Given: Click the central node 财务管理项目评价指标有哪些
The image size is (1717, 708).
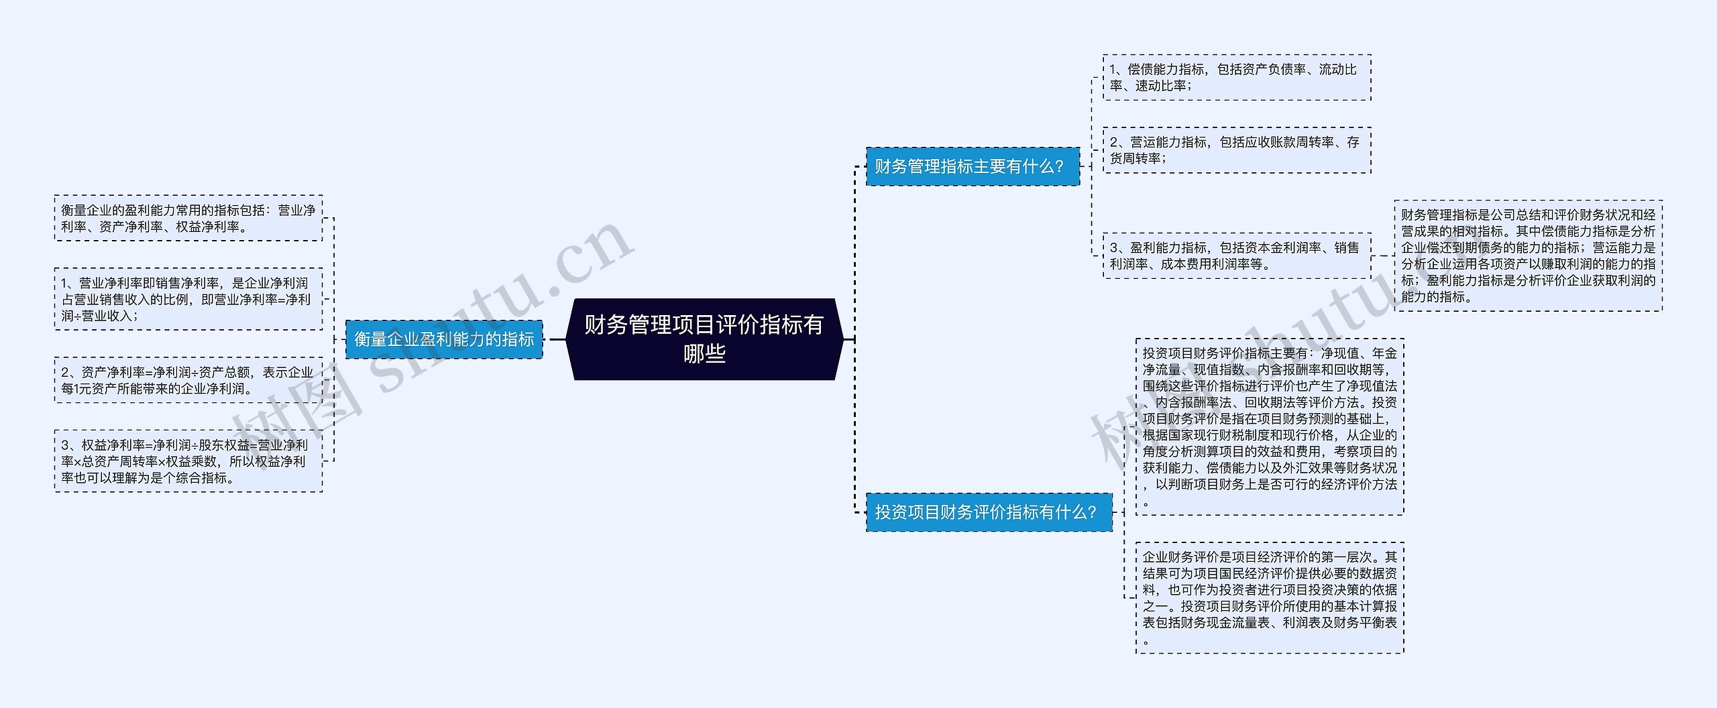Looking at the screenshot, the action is click(704, 339).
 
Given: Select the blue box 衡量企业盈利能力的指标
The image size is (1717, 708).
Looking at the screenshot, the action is click(444, 339).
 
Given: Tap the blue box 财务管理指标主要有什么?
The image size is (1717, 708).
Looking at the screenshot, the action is click(973, 166).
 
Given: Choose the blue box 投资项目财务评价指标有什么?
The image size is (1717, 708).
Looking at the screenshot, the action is click(989, 512).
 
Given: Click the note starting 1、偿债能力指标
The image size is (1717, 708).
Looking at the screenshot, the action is click(1237, 78).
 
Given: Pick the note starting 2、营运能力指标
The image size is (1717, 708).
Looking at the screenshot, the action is click(1237, 150).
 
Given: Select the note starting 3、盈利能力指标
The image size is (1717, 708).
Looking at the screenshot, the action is click(1237, 255).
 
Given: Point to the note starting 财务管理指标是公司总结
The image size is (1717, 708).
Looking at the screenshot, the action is click(1528, 255).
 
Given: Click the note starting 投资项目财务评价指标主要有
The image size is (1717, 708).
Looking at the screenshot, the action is click(1269, 426).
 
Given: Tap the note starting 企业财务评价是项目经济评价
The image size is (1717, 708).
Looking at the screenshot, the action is click(1269, 597).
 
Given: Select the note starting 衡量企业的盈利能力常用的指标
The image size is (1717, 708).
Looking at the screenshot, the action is click(188, 219).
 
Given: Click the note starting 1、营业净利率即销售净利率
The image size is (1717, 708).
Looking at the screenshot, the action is click(188, 299).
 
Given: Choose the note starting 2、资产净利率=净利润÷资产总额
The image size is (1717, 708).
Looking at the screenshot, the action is click(188, 380).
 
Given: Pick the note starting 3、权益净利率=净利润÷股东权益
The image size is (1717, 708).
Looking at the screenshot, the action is click(188, 461).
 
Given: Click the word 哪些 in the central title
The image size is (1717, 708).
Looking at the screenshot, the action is click(704, 353).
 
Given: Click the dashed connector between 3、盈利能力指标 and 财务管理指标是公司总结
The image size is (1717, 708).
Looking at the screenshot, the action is click(1382, 255).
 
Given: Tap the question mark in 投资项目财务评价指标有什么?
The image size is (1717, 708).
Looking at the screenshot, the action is click(1091, 512).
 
